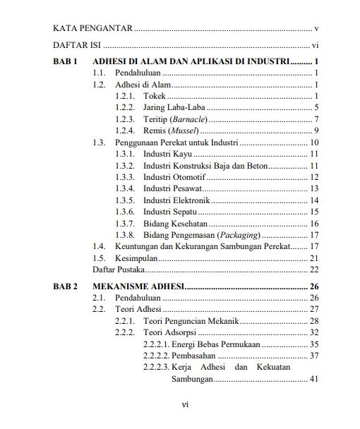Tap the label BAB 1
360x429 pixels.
click(65, 61)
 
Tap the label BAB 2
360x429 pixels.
click(65, 286)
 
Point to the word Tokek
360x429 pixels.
click(155, 96)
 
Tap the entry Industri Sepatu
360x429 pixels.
click(169, 212)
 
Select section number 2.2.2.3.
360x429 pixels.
click(155, 367)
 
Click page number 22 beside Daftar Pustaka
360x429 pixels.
click(315, 269)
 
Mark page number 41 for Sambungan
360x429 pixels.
click(315, 379)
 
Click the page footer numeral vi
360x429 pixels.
click(184, 404)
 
